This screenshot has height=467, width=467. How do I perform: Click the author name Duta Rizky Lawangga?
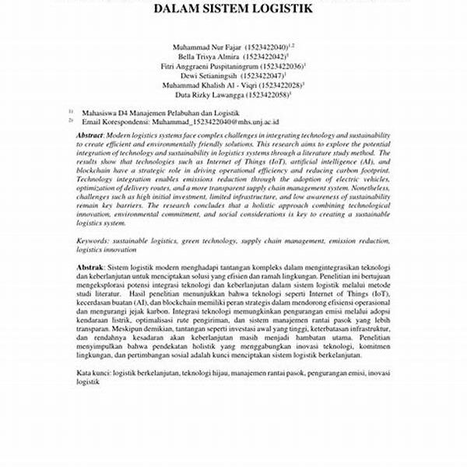click(209, 96)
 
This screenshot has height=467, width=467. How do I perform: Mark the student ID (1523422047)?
click(265, 76)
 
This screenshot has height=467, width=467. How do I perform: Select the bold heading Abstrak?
click(92, 268)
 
